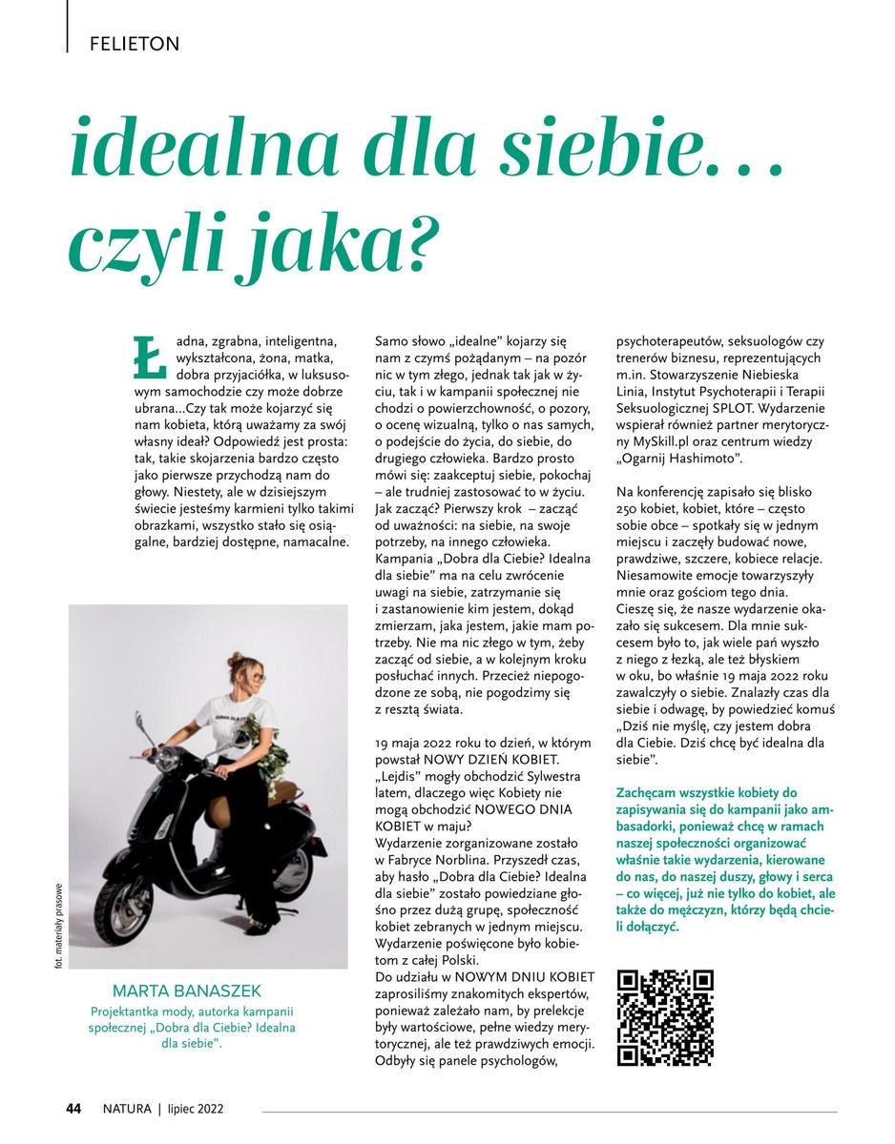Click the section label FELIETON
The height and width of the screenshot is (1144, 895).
click(134, 43)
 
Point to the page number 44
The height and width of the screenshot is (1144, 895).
click(73, 1108)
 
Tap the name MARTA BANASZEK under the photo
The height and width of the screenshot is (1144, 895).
click(186, 991)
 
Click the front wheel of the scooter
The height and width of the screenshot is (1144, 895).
click(128, 904)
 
